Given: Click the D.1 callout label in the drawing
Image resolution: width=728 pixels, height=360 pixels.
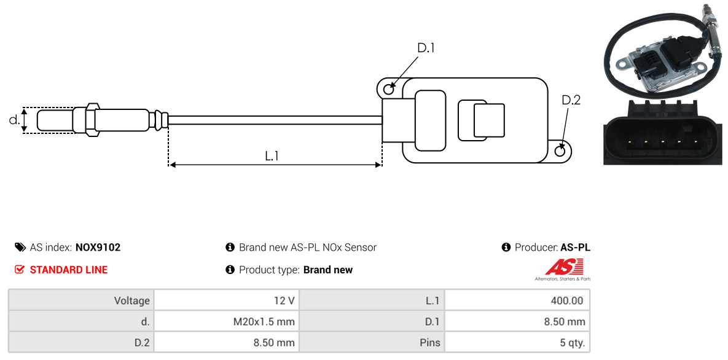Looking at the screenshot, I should [x=426, y=48].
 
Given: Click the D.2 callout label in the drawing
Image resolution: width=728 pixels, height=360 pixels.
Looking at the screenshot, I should [x=571, y=100].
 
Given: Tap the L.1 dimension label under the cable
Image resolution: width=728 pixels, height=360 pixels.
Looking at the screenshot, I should [x=272, y=156].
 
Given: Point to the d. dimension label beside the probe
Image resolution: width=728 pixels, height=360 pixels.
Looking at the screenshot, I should [x=14, y=120].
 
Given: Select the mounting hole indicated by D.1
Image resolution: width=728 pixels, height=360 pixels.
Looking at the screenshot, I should [x=388, y=90].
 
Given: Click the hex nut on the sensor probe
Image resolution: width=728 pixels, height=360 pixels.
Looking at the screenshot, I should [x=90, y=119].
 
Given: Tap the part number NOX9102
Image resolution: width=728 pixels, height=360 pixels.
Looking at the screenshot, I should [x=98, y=248].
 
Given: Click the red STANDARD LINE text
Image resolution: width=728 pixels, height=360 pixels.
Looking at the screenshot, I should [x=68, y=270].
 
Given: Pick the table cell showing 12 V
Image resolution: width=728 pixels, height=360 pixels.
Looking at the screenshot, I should [x=226, y=301].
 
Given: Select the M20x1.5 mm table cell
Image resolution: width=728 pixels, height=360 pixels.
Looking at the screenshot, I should [x=226, y=321].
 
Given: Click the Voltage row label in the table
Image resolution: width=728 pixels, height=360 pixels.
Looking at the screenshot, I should [x=81, y=301].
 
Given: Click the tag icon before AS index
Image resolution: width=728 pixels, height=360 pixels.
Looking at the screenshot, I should [x=20, y=248].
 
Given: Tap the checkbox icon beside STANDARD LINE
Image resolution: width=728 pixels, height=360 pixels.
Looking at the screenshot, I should [x=20, y=270].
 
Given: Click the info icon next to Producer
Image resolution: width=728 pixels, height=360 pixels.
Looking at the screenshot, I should [x=506, y=248].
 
